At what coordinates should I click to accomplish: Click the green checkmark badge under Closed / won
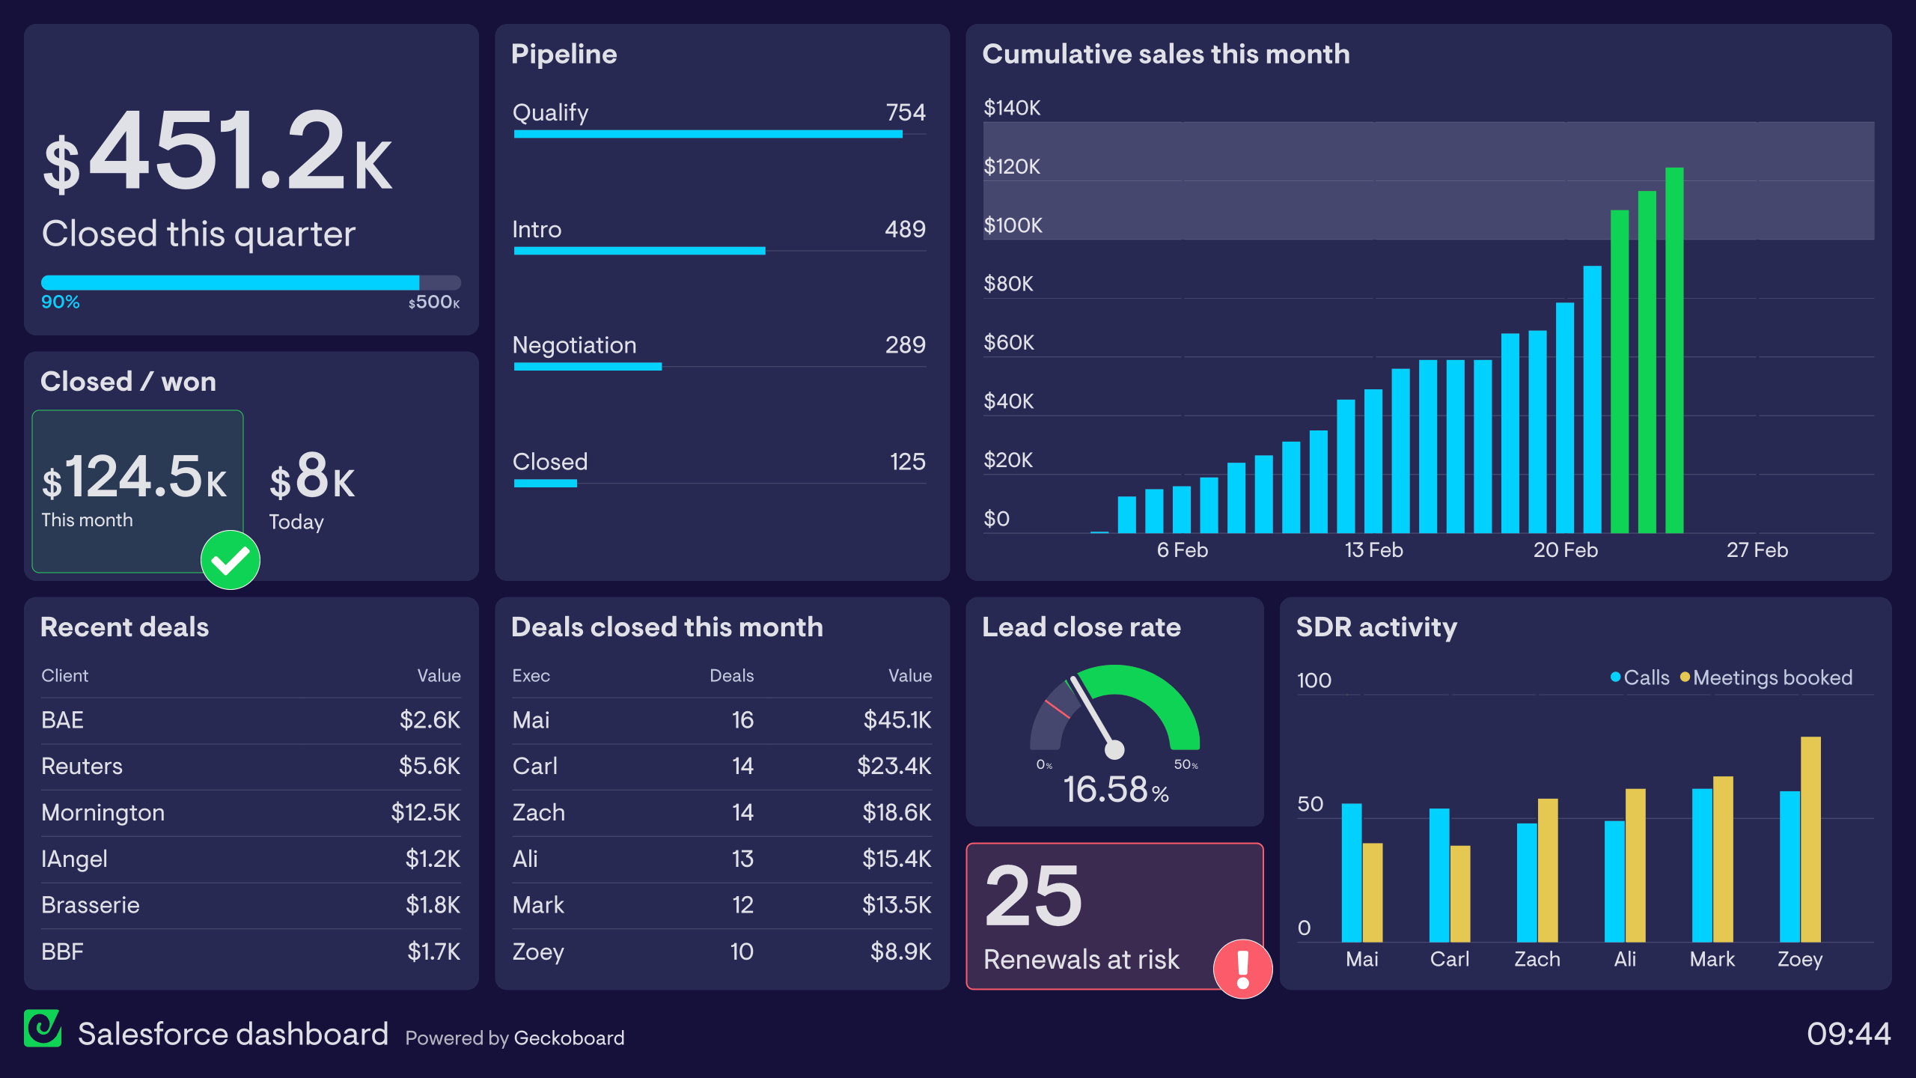231,560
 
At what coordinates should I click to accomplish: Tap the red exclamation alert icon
1242,969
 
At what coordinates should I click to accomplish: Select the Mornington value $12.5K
425,812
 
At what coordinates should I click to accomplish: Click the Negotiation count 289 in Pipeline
905,345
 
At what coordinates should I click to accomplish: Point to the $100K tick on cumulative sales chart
1012,225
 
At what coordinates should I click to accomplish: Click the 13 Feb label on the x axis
1373,550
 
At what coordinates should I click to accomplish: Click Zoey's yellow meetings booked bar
1810,838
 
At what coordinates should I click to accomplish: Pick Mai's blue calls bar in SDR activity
1351,872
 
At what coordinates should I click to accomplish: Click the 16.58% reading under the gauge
1115,790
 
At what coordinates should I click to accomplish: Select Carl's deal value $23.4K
894,766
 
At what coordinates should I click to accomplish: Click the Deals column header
731,675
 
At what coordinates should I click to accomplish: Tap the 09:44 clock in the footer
1848,1034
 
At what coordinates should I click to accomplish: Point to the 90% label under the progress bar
60,302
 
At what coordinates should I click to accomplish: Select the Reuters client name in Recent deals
82,767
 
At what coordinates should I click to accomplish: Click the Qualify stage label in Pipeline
550,113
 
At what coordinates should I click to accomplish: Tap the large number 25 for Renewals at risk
1034,895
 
